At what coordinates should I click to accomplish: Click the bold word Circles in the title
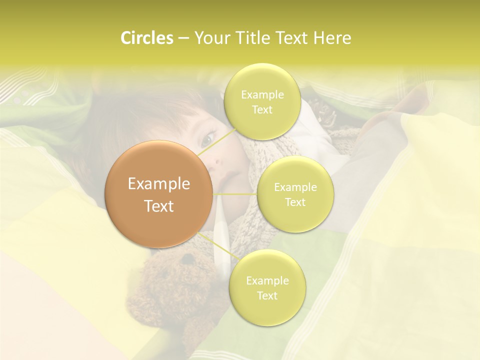click(x=146, y=38)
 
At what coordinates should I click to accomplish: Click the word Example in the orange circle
click(x=159, y=184)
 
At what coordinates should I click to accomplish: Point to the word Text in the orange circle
click(x=159, y=206)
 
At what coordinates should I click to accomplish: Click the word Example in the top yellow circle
click(x=262, y=95)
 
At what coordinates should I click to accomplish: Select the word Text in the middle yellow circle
click(x=295, y=202)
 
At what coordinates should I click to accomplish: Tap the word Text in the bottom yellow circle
click(x=267, y=295)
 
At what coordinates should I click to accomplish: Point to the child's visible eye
click(x=209, y=136)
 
